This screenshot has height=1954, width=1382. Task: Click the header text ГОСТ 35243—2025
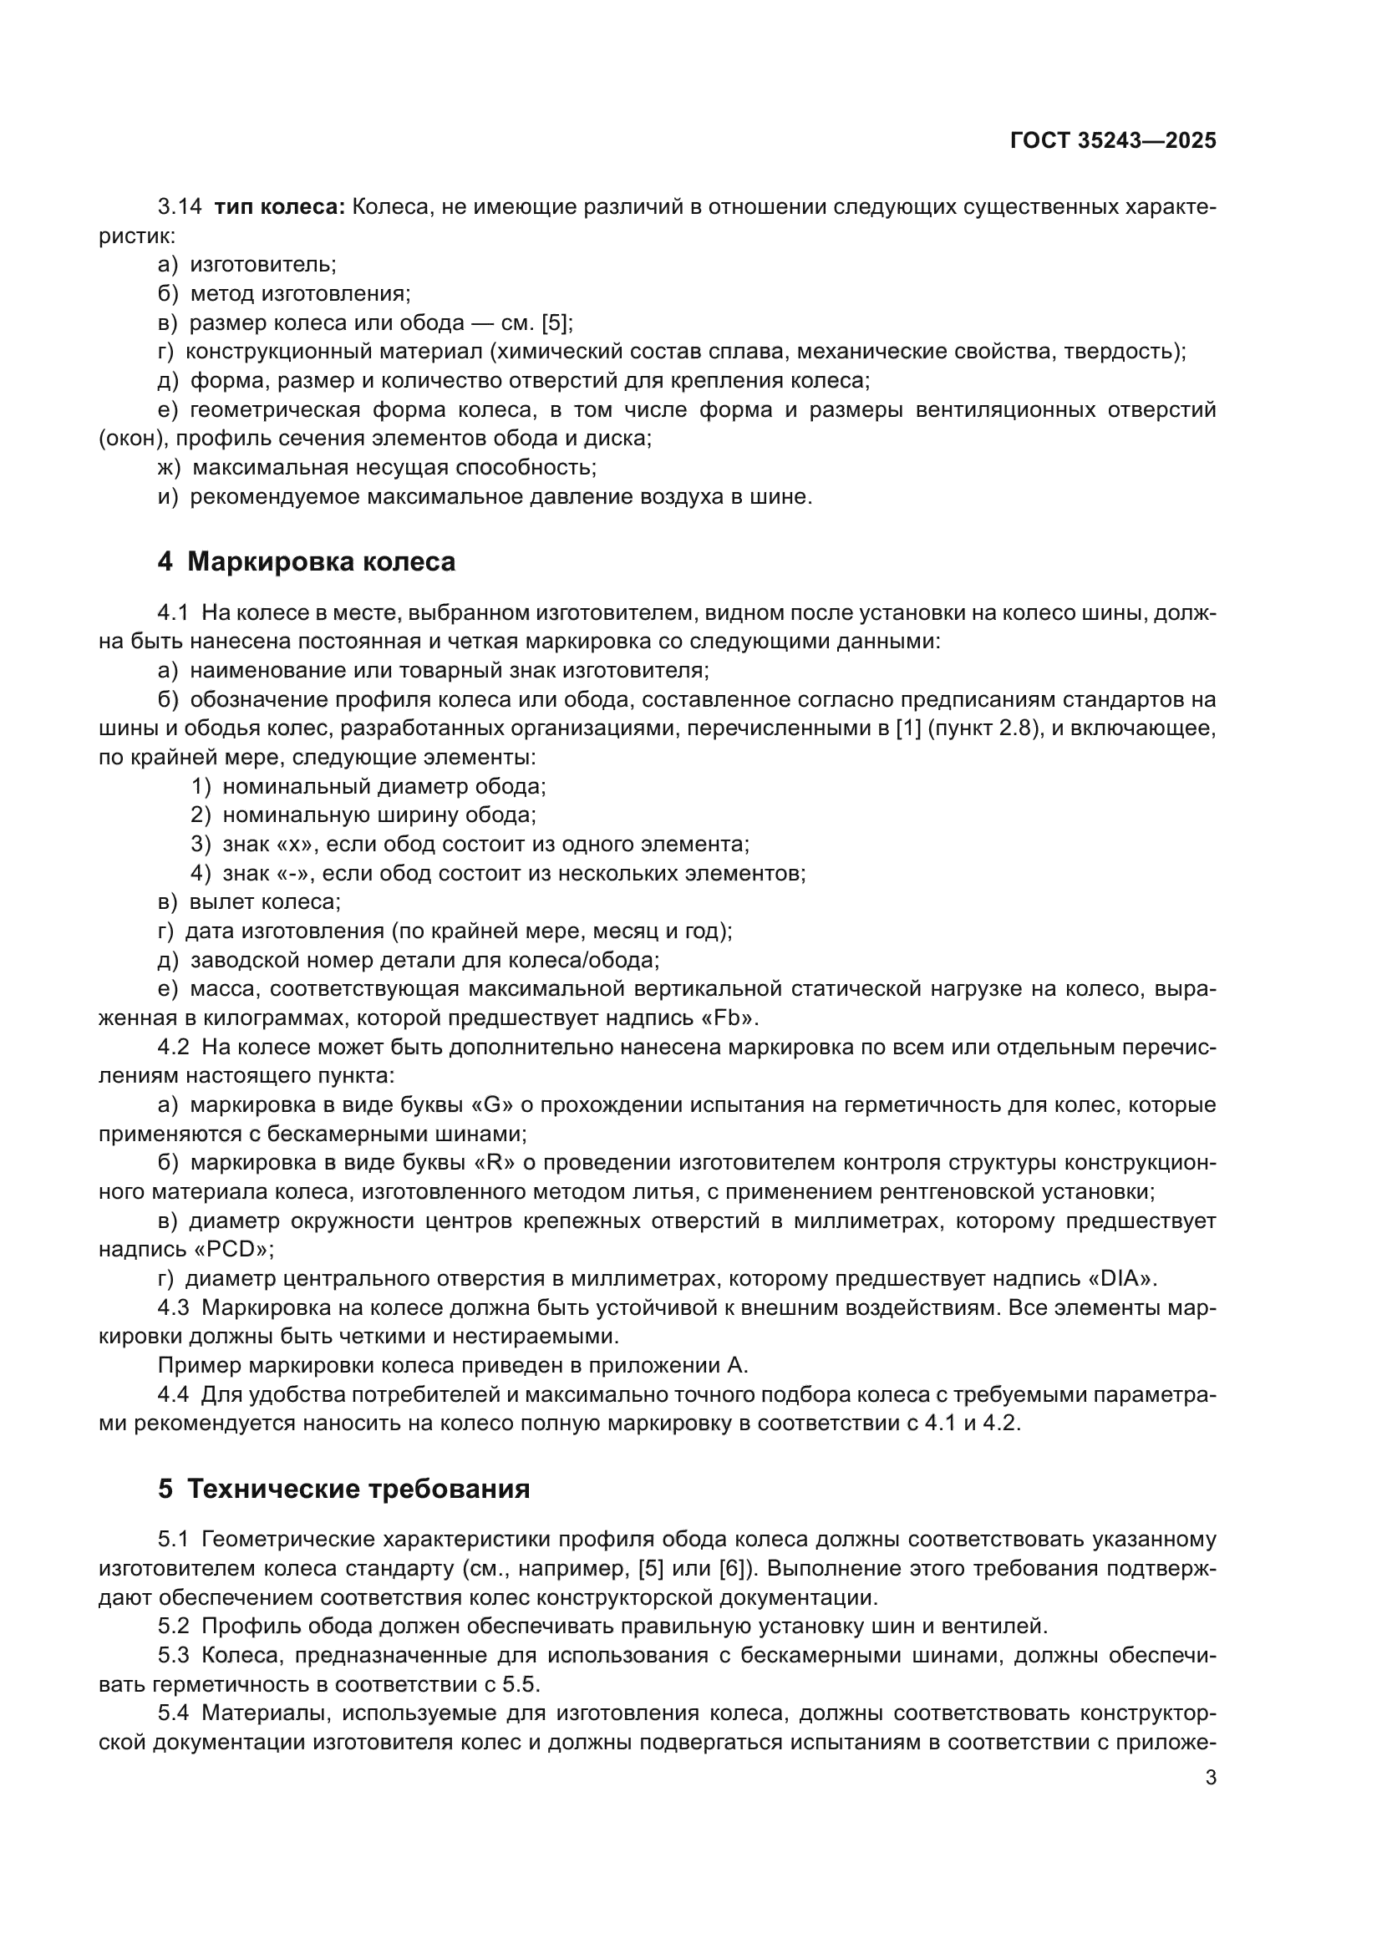pyautogui.click(x=1112, y=140)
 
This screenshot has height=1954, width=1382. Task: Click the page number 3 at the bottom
pyautogui.click(x=1210, y=1777)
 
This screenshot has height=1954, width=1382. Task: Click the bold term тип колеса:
pyautogui.click(x=279, y=207)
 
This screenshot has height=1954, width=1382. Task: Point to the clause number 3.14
pyautogui.click(x=180, y=207)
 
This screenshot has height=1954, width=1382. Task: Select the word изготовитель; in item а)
pyautogui.click(x=263, y=265)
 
